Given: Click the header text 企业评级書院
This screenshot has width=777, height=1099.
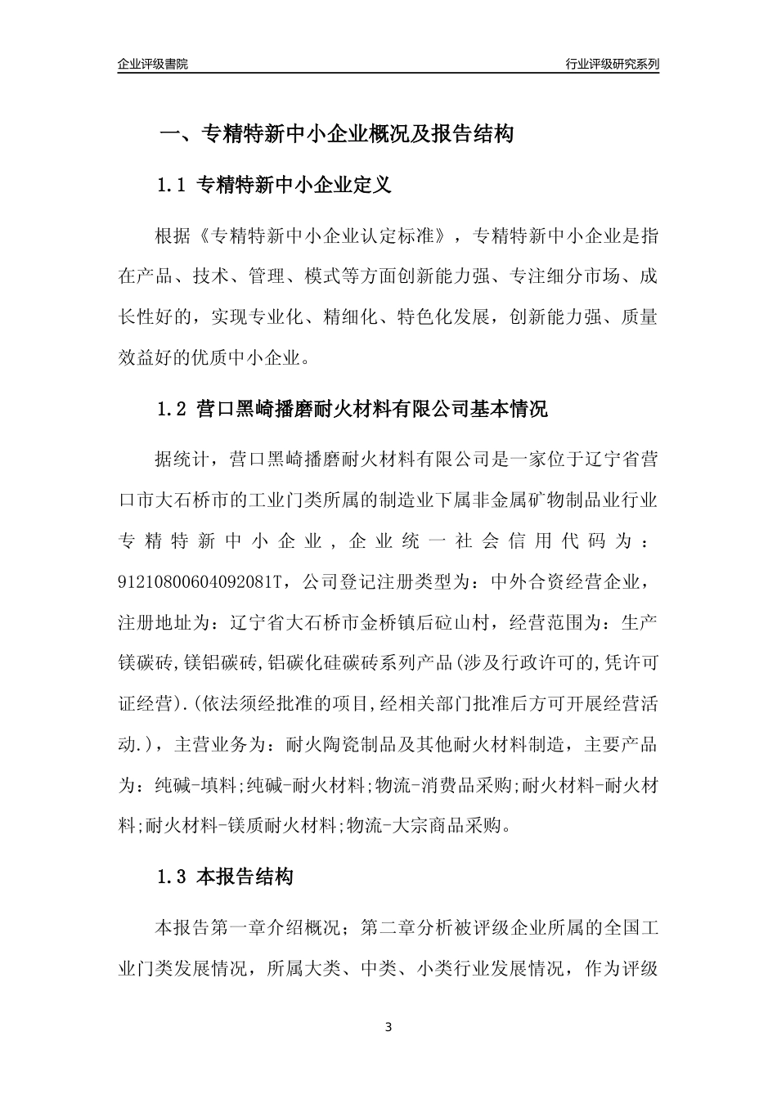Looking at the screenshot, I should coord(153,64).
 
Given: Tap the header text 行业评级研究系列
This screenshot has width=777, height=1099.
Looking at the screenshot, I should coord(612,64).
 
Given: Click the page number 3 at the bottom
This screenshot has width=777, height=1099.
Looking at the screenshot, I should coord(388,1026).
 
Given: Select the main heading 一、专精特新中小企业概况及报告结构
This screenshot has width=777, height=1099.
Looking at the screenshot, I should coord(335,134).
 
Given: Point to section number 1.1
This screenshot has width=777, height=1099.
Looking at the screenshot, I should coord(172,186).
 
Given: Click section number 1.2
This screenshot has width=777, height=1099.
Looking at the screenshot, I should coord(172,409).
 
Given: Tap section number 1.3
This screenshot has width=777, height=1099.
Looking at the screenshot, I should coord(172,878).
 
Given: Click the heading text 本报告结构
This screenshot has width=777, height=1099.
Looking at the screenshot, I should coord(245,878).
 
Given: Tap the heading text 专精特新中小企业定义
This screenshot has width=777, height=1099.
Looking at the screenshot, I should coord(295,186).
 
